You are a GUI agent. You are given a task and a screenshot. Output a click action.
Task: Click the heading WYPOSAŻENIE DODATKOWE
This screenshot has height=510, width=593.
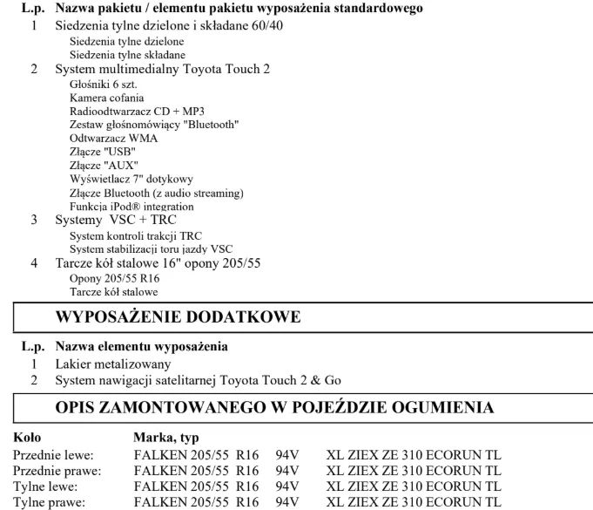tap(179, 316)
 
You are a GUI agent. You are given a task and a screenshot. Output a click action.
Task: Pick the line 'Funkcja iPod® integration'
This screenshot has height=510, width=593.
tap(131, 207)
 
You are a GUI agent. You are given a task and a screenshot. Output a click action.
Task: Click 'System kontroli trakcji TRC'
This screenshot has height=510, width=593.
tap(135, 235)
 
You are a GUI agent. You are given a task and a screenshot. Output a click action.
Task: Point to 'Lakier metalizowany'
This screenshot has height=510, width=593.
tap(113, 364)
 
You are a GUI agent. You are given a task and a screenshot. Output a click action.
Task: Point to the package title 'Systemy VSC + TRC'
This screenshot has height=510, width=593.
tap(116, 220)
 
